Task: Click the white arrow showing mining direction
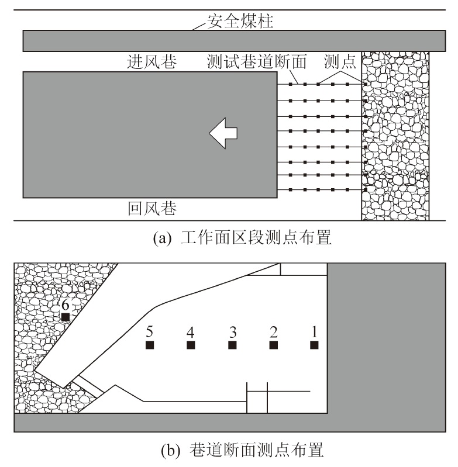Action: pyautogui.click(x=223, y=133)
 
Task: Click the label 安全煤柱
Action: pyautogui.click(x=240, y=21)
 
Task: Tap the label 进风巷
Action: pyautogui.click(x=152, y=62)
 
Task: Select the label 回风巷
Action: pyautogui.click(x=152, y=209)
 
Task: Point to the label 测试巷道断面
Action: pyautogui.click(x=257, y=62)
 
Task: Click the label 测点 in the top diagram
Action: pyautogui.click(x=340, y=62)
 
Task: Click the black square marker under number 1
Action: pyautogui.click(x=314, y=345)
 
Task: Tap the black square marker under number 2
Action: pyautogui.click(x=274, y=345)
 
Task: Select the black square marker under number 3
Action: pyautogui.click(x=232, y=345)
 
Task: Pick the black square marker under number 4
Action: pyautogui.click(x=191, y=345)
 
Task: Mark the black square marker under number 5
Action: pyautogui.click(x=150, y=345)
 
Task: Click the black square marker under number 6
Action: pyautogui.click(x=66, y=317)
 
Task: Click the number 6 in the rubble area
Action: pyautogui.click(x=66, y=305)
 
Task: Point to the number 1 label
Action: pyautogui.click(x=314, y=332)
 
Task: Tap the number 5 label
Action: pyautogui.click(x=150, y=332)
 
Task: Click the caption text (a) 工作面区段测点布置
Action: pyautogui.click(x=242, y=238)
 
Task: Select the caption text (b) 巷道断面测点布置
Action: pyautogui.click(x=242, y=450)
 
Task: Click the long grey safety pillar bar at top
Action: pyautogui.click(x=234, y=41)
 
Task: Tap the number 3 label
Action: pyautogui.click(x=233, y=332)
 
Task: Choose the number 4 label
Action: pyautogui.click(x=191, y=332)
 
